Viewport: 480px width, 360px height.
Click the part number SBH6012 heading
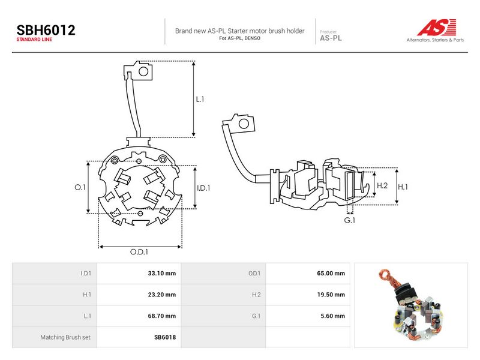[46, 31]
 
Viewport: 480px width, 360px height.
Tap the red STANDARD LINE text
[34, 40]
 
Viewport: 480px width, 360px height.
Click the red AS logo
[437, 27]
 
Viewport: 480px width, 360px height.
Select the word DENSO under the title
[253, 38]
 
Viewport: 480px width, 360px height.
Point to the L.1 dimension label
[200, 99]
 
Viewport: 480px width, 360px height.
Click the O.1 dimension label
[80, 187]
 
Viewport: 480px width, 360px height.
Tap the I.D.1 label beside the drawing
[203, 188]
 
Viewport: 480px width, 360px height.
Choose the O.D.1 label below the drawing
[139, 251]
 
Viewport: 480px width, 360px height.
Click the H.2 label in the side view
[382, 185]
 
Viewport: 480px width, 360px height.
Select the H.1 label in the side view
[403, 187]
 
